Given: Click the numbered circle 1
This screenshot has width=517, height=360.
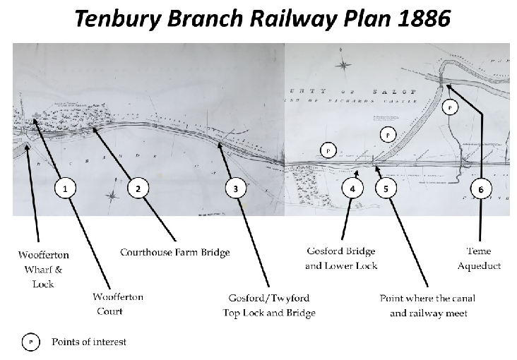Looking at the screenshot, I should point(65,188).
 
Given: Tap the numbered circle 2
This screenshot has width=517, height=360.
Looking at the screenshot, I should point(138,188).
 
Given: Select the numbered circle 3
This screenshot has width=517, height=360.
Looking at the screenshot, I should point(235,188).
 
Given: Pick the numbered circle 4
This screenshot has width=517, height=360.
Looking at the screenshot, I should point(352,188).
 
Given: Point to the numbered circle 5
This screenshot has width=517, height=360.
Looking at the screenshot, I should point(386,188).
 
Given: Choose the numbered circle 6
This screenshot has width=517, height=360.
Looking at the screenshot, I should point(480,188).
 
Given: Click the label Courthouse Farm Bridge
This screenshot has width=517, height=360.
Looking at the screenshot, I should point(175,252).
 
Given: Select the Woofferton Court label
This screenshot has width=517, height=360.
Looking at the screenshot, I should point(119,304).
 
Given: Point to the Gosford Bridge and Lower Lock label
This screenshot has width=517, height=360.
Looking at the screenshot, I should point(340,258).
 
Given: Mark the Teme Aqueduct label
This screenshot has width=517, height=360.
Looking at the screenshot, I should point(484,258).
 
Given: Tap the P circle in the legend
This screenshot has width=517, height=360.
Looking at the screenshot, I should point(31,342).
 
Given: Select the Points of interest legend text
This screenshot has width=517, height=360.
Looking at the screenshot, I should point(89,342).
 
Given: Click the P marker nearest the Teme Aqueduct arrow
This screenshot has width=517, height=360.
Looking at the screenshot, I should point(450,107).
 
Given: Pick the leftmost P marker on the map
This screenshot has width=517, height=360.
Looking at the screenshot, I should point(327,150).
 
